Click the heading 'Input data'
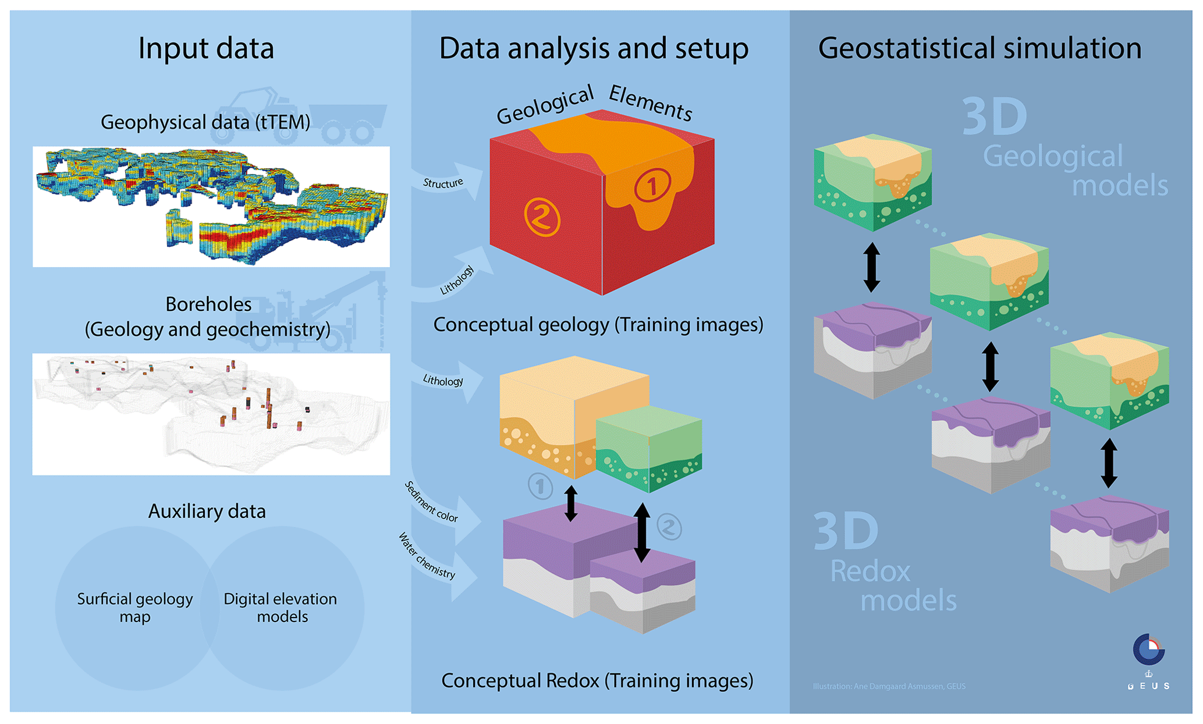(205, 48)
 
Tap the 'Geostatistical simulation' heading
(980, 48)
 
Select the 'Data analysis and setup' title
(593, 48)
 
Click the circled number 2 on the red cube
(542, 217)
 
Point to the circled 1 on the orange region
(652, 186)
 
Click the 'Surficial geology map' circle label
(135, 607)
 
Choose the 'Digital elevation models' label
(281, 607)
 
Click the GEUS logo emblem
(1148, 650)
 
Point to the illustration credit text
(889, 686)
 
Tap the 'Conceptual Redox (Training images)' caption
(597, 680)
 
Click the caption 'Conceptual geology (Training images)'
(598, 324)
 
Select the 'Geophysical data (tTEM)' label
(205, 122)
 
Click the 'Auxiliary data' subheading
(207, 511)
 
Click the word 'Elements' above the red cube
(650, 103)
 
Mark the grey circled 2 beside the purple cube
(669, 527)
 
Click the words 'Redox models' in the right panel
(893, 585)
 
